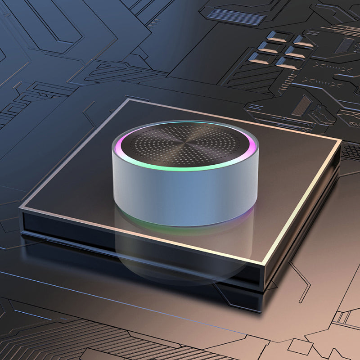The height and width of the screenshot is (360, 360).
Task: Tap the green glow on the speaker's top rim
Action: point(180,169)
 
